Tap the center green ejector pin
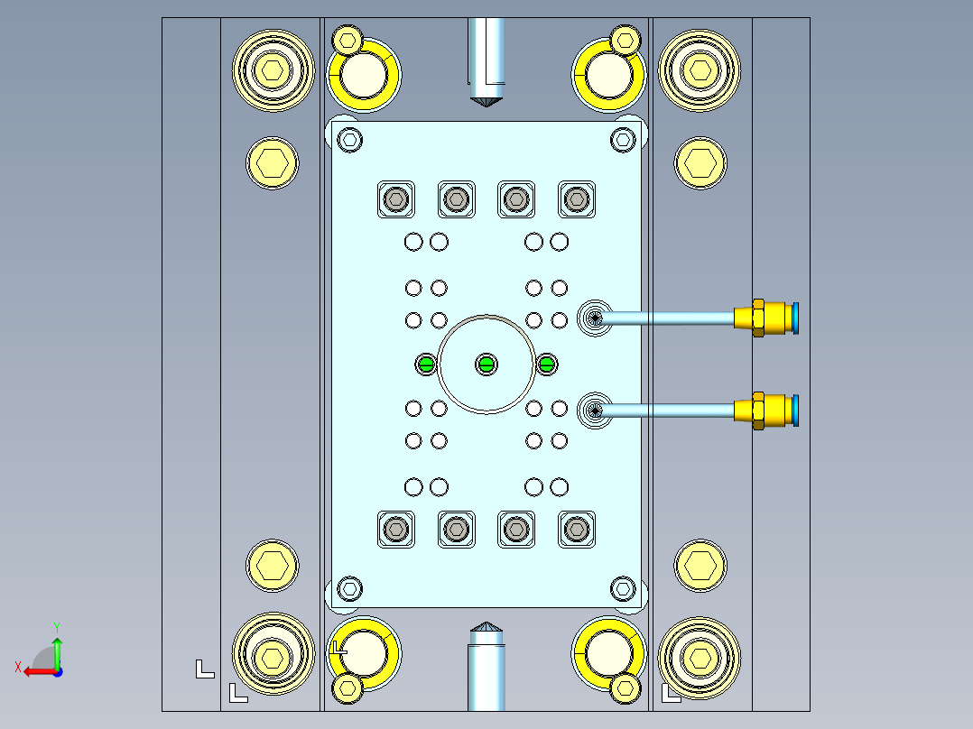click(486, 364)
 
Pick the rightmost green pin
click(547, 364)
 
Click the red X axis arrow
click(34, 670)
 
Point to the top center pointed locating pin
click(486, 63)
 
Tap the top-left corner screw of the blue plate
click(350, 140)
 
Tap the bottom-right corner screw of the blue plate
click(623, 588)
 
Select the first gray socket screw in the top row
click(395, 198)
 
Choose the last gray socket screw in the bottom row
click(576, 530)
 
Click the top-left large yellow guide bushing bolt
click(273, 69)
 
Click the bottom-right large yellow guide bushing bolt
click(700, 657)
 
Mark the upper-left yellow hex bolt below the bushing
click(272, 163)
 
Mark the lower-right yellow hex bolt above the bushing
click(700, 565)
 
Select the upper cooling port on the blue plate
click(594, 318)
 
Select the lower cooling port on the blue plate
click(594, 411)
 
